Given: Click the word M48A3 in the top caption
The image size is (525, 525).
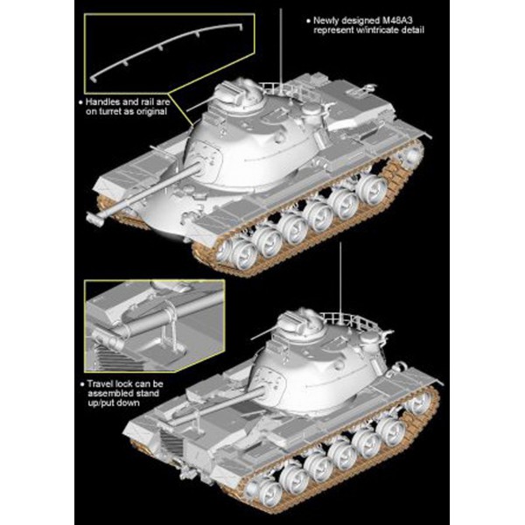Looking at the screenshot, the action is (398, 20).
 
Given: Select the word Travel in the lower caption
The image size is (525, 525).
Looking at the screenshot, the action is (99, 384).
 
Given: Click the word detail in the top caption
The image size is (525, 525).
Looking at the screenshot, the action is (411, 30).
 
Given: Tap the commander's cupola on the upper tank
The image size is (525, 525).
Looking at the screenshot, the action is (238, 93).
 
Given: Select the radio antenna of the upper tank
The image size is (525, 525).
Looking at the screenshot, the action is (281, 47).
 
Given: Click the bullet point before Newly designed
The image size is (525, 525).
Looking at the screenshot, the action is (308, 21).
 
